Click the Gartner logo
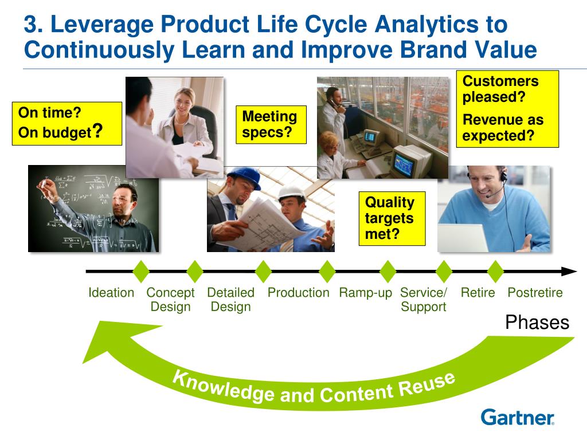click(x=518, y=417)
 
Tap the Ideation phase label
click(x=111, y=292)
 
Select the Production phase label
click(x=298, y=292)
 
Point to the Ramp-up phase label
click(x=365, y=293)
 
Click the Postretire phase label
click(x=535, y=292)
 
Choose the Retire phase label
click(x=478, y=292)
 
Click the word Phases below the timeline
click(x=537, y=322)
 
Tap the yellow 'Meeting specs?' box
click(x=271, y=124)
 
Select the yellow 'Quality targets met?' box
click(x=392, y=218)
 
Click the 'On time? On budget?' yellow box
click(x=67, y=124)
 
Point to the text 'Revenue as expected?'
click(x=503, y=128)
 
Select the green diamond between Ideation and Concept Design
click(x=141, y=271)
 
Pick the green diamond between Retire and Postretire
click(x=496, y=271)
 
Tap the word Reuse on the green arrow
click(x=426, y=386)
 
